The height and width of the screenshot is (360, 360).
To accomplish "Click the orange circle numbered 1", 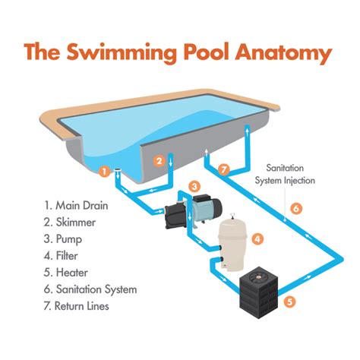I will pos(104,172).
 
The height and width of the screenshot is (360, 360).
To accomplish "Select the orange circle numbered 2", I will pos(159,160).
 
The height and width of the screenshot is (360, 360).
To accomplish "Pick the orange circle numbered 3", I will pos(194,186).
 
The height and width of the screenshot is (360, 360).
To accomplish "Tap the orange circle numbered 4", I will pos(258,238).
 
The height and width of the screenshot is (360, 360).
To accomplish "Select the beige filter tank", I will pos(231,242).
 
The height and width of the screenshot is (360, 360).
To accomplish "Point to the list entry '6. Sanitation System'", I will pos(91,289).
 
